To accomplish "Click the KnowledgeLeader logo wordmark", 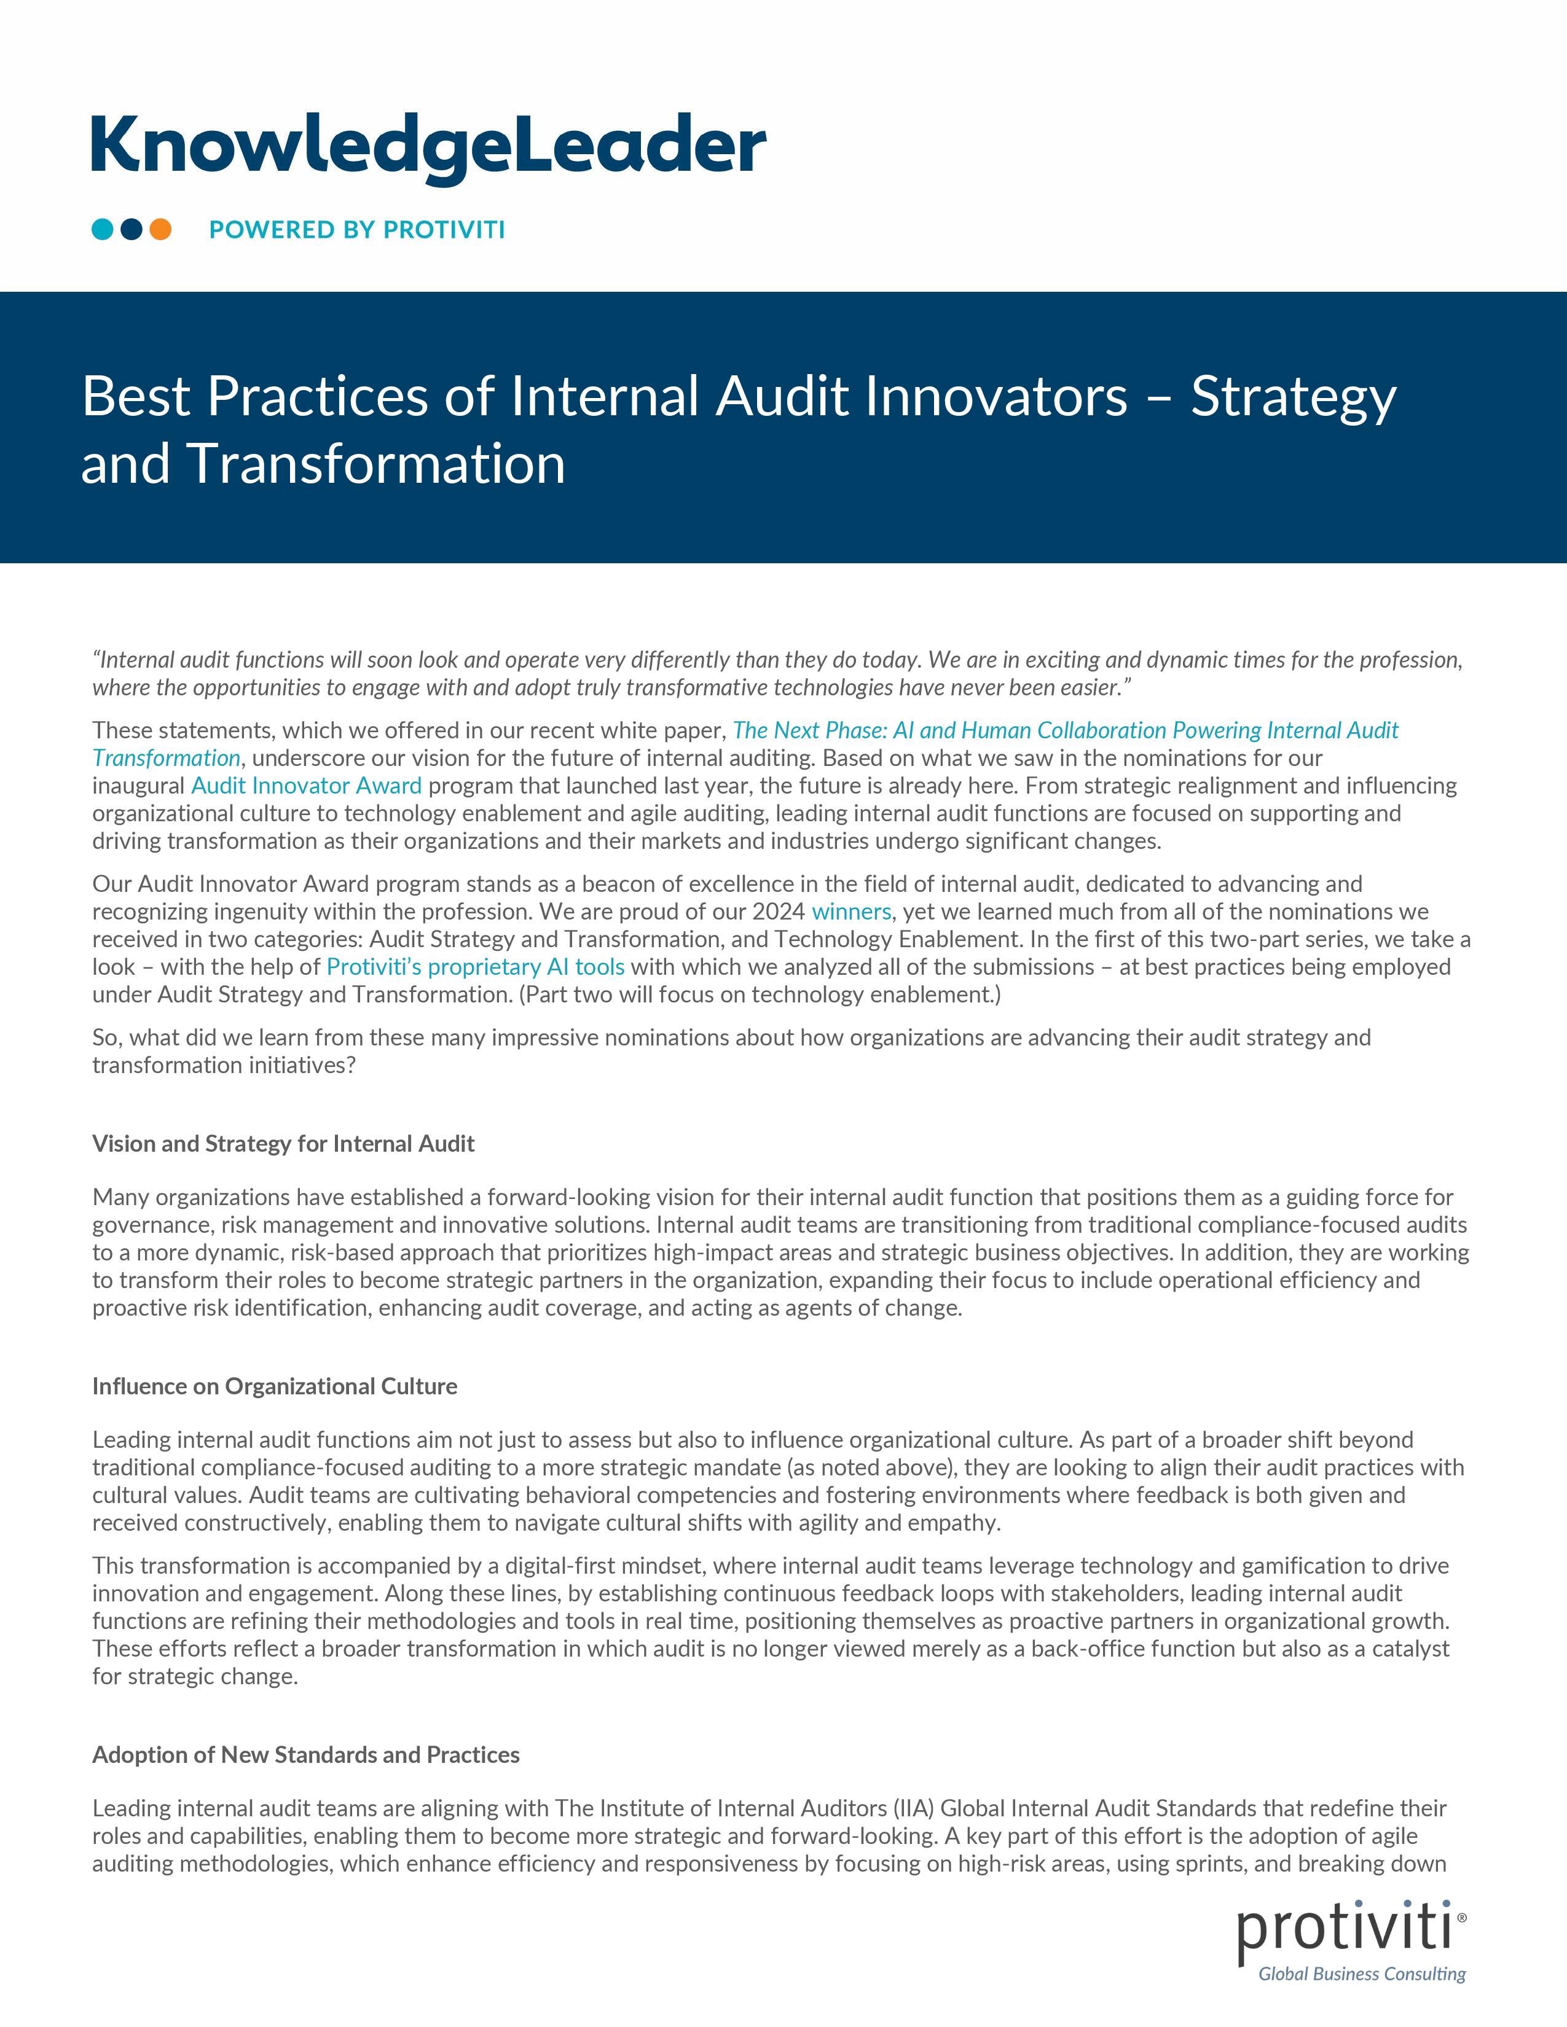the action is pyautogui.click(x=428, y=146).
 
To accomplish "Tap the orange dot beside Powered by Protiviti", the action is pyautogui.click(x=160, y=229).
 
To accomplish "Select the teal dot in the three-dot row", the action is pyautogui.click(x=102, y=229).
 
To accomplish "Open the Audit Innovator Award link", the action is pyautogui.click(x=307, y=786).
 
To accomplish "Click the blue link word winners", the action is pyautogui.click(x=850, y=912).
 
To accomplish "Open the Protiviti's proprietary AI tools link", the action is pyautogui.click(x=475, y=967).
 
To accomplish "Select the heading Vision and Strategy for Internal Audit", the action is pyautogui.click(x=283, y=1144).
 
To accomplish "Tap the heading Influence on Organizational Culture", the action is pyautogui.click(x=275, y=1386).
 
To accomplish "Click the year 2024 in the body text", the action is pyautogui.click(x=778, y=912).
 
